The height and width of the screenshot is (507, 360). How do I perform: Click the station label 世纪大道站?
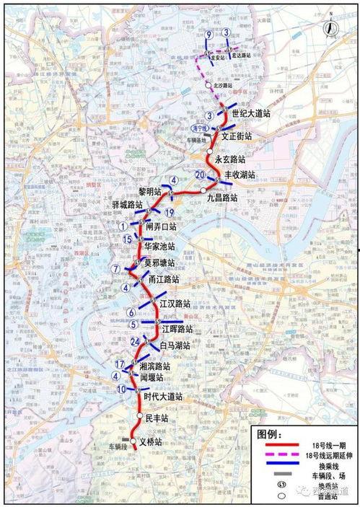[x=251, y=113]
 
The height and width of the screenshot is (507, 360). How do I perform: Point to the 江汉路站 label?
[x=175, y=303]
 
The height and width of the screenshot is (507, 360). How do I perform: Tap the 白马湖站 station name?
[x=175, y=345]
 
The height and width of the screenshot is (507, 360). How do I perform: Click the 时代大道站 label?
[x=163, y=396]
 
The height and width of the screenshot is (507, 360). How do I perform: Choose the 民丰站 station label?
[x=157, y=418]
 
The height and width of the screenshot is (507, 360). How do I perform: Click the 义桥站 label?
[x=152, y=442]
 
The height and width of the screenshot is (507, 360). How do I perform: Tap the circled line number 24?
[x=135, y=341]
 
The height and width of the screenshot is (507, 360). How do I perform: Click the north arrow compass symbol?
[x=330, y=30]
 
